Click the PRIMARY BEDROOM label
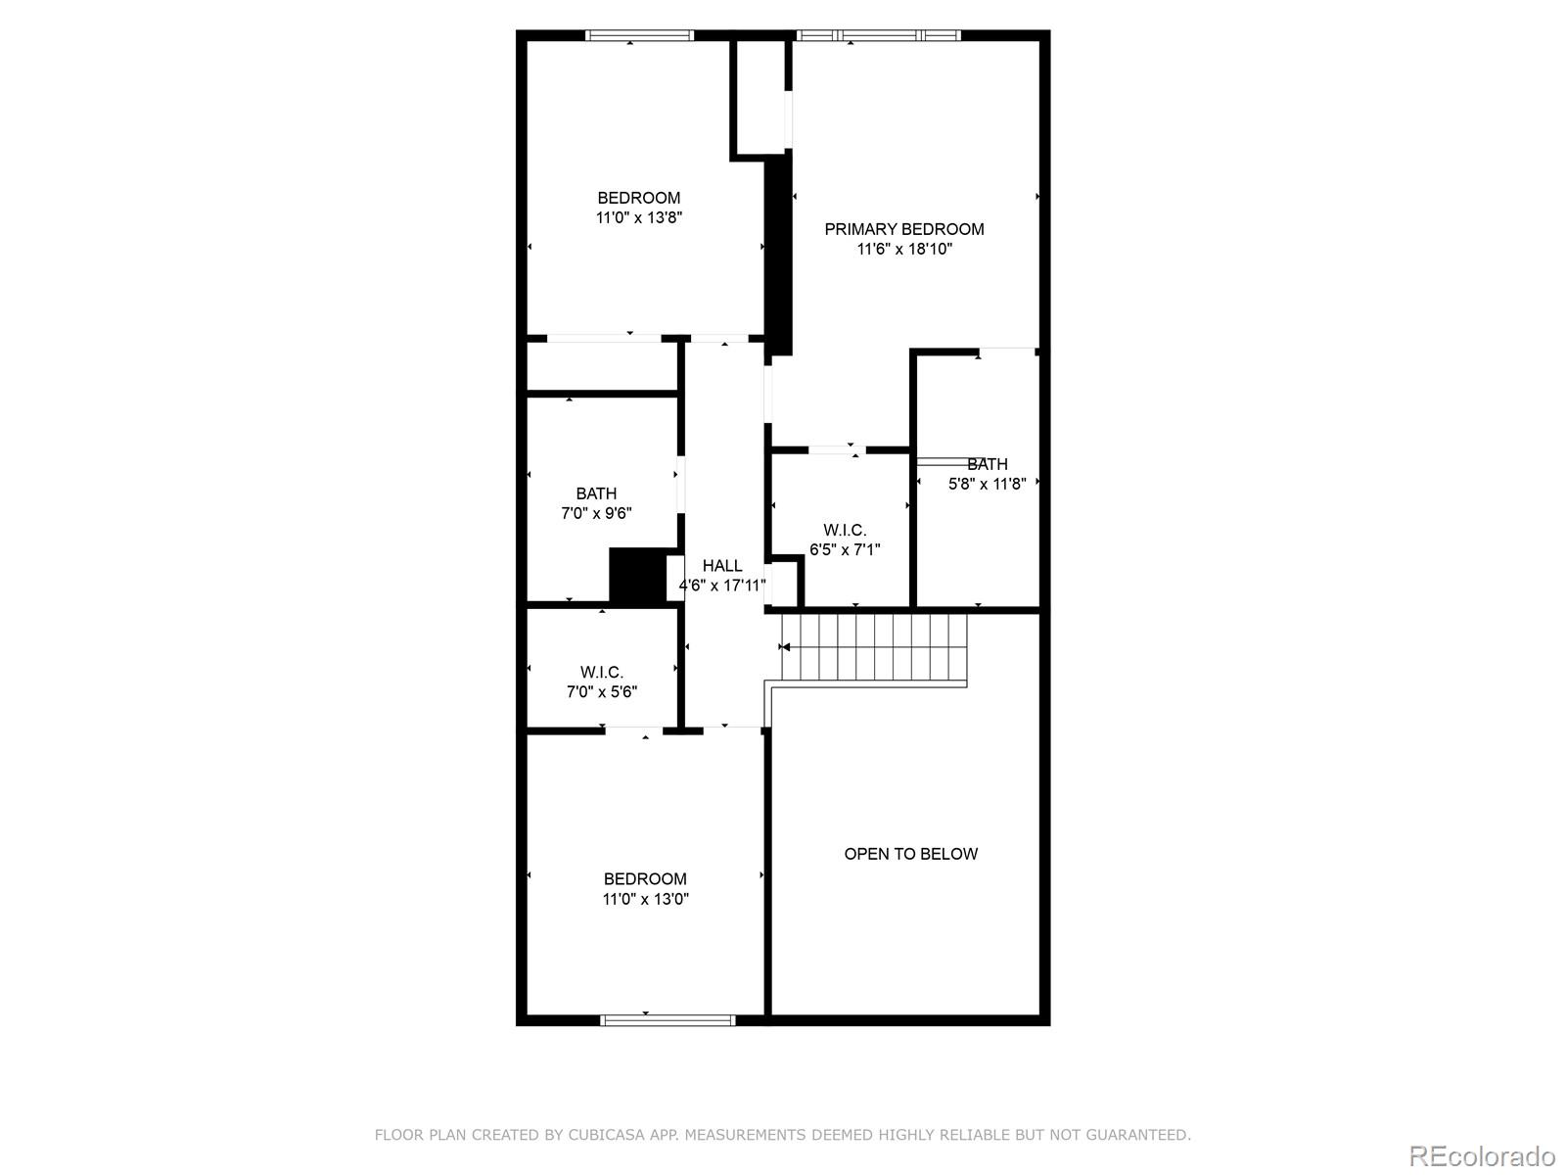tap(903, 229)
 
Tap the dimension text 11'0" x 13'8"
tap(638, 217)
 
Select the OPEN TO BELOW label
tap(910, 854)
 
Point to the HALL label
tap(722, 566)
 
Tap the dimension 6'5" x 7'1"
tap(845, 550)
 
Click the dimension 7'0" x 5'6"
tap(602, 692)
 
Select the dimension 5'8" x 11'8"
tap(987, 484)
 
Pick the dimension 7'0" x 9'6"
tap(596, 513)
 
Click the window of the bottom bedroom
tap(668, 1019)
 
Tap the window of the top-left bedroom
tap(639, 36)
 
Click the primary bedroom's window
tap(879, 36)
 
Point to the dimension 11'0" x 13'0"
tap(645, 899)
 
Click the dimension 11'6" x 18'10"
tap(904, 250)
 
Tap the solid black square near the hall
tap(637, 577)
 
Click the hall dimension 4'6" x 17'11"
tap(722, 587)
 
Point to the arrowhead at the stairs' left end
tap(785, 647)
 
